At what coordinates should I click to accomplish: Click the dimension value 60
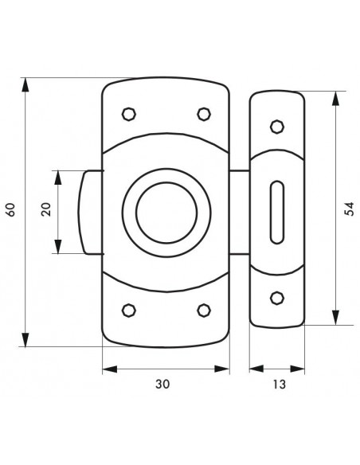[x=10, y=210]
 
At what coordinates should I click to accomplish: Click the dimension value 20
[x=46, y=209]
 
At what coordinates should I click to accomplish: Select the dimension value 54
[x=349, y=209]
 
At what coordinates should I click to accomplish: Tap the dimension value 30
[x=162, y=384]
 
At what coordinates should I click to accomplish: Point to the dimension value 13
[x=279, y=385]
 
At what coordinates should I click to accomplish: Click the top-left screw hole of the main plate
[x=129, y=114]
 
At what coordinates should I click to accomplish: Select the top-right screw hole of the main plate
[x=204, y=114]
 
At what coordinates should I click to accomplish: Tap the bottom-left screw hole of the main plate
[x=129, y=311]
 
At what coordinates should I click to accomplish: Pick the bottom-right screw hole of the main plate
[x=204, y=311]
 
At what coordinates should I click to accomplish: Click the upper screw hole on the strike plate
[x=277, y=127]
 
